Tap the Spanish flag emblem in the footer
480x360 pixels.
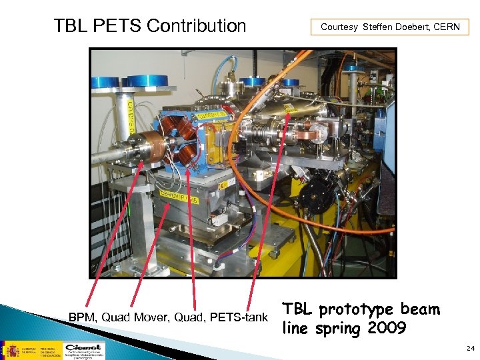coord(12,349)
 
